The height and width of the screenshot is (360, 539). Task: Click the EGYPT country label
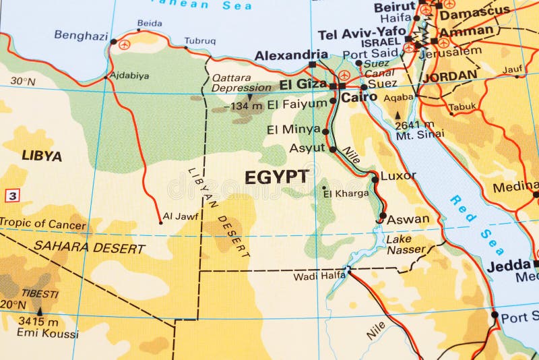coord(277,177)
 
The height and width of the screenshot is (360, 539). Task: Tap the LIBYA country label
coord(42,156)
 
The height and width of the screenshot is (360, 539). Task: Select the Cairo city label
coord(359,97)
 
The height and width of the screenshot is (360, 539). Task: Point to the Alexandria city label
coord(291,55)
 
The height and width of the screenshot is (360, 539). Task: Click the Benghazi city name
coord(81,35)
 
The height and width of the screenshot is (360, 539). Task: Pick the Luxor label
coord(398,175)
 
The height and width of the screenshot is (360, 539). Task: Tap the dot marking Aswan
coord(383,216)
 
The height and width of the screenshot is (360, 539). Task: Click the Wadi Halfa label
coord(319,276)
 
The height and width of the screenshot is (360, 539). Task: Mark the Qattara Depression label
coord(241,82)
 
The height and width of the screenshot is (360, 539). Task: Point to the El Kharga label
coord(346,193)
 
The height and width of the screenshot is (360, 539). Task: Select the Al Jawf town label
coord(181,216)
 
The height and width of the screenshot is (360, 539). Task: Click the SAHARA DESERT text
coord(89,247)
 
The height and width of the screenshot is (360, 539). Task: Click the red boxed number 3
coord(12,196)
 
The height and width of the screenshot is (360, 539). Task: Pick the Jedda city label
coord(509,266)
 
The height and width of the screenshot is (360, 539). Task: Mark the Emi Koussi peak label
coord(47,333)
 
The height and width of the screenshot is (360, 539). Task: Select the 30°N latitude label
coord(22,82)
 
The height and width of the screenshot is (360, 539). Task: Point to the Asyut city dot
coord(332,149)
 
